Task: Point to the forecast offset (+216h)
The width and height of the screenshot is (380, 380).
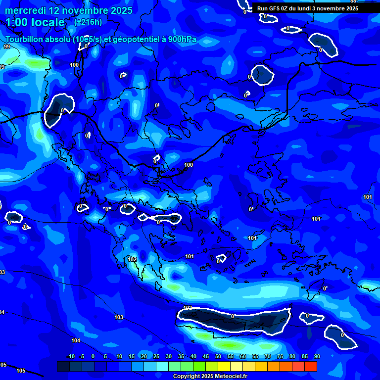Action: click(x=88, y=22)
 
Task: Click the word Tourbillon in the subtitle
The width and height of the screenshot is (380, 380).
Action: click(x=25, y=40)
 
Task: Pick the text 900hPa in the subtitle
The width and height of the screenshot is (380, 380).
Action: click(x=181, y=40)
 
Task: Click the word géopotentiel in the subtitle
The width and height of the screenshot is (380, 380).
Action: click(x=135, y=40)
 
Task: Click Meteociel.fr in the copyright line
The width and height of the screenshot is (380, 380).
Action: click(x=228, y=377)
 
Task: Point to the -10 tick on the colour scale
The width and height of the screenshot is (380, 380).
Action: click(x=70, y=356)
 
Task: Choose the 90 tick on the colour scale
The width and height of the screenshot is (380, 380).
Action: click(x=317, y=356)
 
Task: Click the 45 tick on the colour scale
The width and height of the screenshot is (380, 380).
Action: click(x=206, y=356)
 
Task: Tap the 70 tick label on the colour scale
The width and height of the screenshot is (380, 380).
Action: click(x=268, y=356)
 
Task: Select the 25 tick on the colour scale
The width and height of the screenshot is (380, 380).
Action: click(x=156, y=356)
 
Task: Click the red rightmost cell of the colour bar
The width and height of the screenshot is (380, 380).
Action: click(x=311, y=366)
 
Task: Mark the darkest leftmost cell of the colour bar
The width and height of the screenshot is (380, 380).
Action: click(x=63, y=366)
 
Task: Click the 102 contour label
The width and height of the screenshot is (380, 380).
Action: click(x=132, y=259)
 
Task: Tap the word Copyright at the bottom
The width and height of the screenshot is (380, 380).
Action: click(x=185, y=377)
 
